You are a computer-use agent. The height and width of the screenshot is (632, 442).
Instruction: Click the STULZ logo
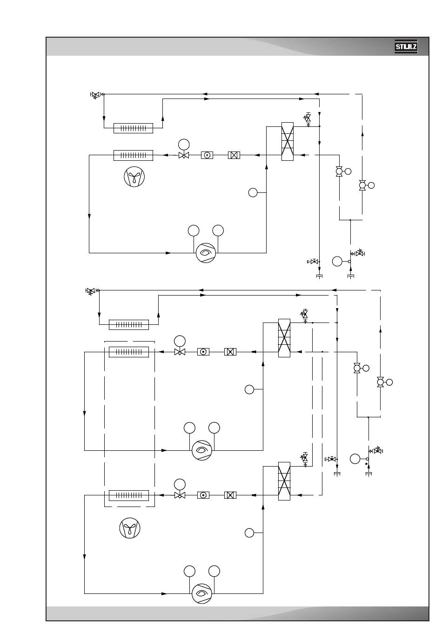pyautogui.click(x=406, y=46)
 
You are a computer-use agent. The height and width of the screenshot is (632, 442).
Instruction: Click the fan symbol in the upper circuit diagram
pyautogui.click(x=134, y=177)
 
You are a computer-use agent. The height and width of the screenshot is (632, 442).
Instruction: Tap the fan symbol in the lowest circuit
pyautogui.click(x=130, y=528)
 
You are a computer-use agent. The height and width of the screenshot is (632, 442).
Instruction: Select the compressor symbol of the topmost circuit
pyautogui.click(x=206, y=253)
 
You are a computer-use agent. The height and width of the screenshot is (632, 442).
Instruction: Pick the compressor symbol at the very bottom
pyautogui.click(x=201, y=593)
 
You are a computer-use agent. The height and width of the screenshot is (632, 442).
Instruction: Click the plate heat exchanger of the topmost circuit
pyautogui.click(x=287, y=141)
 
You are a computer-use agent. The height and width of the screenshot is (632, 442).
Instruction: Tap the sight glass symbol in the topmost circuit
pyautogui.click(x=207, y=155)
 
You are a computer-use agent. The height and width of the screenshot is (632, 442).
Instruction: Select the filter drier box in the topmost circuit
pyautogui.click(x=234, y=155)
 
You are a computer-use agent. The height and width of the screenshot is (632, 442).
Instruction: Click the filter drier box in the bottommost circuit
pyautogui.click(x=230, y=495)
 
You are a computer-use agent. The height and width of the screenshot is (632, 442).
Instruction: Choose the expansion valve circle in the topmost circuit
pyautogui.click(x=184, y=145)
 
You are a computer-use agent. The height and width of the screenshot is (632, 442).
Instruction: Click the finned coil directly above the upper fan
pyautogui.click(x=134, y=155)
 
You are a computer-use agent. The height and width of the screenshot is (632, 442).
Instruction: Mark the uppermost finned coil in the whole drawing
pyautogui.click(x=134, y=128)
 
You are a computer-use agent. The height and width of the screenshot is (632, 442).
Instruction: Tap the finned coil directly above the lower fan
pyautogui.click(x=129, y=495)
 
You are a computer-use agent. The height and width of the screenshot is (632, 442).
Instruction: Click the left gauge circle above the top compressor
pyautogui.click(x=194, y=230)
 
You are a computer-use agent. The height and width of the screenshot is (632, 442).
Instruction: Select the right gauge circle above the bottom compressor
pyautogui.click(x=214, y=571)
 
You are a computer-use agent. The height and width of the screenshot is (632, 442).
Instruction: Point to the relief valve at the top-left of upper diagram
pyautogui.click(x=96, y=95)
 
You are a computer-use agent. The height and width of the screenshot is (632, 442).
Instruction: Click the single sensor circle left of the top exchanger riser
pyautogui.click(x=253, y=193)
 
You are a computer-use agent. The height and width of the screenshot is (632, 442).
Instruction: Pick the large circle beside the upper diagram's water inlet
pyautogui.click(x=337, y=261)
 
